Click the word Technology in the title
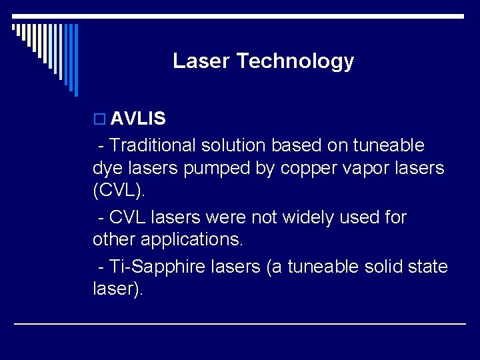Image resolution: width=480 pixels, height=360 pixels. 295,62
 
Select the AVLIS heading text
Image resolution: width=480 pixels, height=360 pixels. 138,119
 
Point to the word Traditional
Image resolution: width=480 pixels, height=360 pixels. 153,145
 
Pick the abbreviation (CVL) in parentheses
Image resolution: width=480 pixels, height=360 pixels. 118,192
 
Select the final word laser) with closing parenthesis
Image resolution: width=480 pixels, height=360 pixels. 117,290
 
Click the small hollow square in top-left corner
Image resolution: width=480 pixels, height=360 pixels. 14,27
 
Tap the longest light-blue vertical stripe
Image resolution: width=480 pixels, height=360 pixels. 75,60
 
